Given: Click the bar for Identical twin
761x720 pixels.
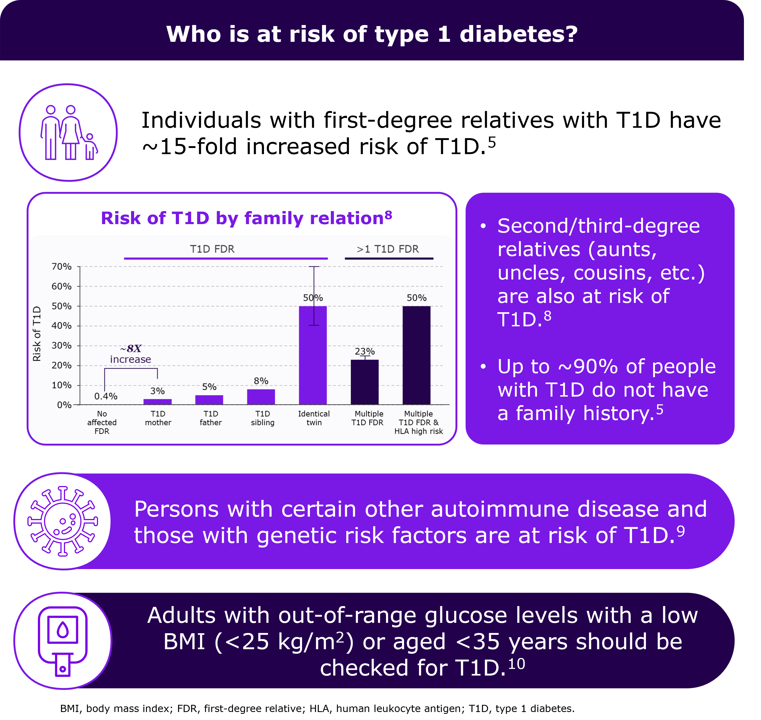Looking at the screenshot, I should tap(313, 355).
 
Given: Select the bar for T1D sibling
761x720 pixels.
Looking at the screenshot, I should tap(261, 397).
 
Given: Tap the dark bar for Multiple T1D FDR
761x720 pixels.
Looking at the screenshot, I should tap(365, 382).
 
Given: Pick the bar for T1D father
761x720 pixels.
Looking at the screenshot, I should tap(209, 400).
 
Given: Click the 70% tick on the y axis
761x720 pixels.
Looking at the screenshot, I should tap(62, 266).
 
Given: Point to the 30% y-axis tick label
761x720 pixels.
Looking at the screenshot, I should tap(62, 345).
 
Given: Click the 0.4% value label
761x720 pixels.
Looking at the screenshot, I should tap(106, 396).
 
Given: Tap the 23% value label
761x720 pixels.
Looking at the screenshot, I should tap(365, 351).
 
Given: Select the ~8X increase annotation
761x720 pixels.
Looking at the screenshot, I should tap(131, 354).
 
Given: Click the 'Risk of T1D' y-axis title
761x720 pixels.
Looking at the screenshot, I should tap(37, 334).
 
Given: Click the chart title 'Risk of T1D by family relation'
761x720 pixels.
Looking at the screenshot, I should tap(246, 218).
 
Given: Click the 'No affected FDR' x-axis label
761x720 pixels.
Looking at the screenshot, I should tap(102, 422).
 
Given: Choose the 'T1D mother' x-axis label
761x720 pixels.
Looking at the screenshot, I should tap(158, 418).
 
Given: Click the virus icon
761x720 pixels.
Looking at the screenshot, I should tap(63, 521).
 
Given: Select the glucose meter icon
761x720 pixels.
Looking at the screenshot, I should tap(63, 641).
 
